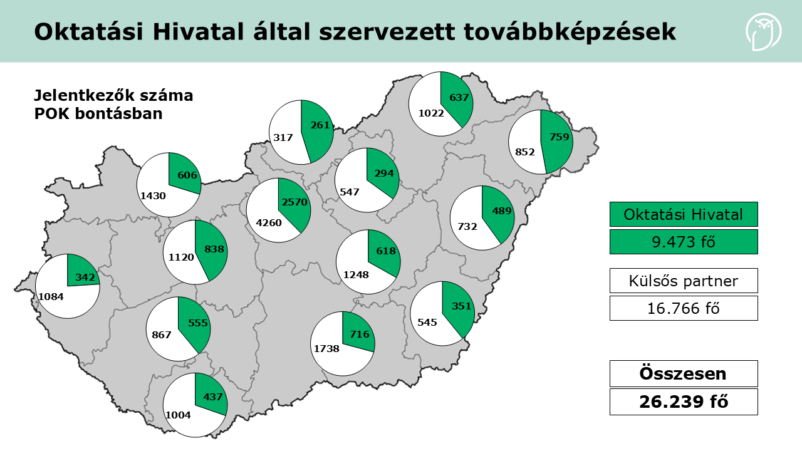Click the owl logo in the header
(x=763, y=32)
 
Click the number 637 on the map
(x=459, y=97)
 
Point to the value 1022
(x=431, y=113)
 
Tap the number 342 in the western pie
(x=85, y=276)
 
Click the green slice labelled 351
(x=461, y=307)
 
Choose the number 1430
(x=153, y=195)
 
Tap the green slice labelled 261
(x=319, y=126)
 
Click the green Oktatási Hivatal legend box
(x=684, y=214)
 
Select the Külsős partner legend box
(x=684, y=281)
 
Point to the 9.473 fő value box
(x=684, y=241)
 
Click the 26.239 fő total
(x=684, y=402)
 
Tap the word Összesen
(x=684, y=373)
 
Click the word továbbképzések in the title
(x=571, y=32)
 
